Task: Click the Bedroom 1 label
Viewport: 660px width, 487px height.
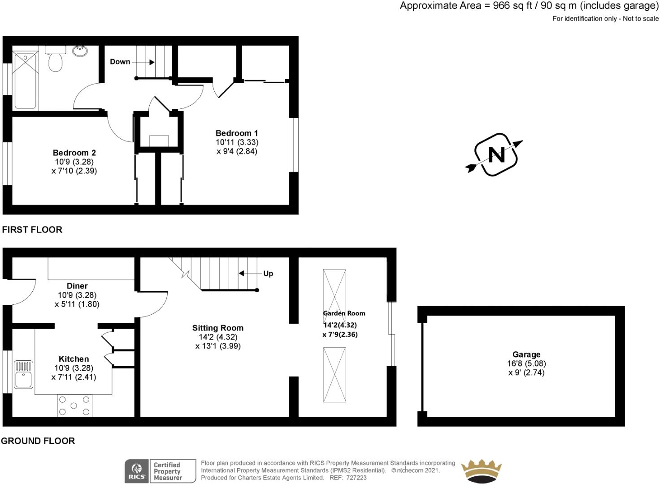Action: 237,133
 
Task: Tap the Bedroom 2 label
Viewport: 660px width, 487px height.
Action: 74,153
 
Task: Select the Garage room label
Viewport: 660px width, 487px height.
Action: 526,355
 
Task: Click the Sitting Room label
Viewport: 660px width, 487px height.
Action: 218,328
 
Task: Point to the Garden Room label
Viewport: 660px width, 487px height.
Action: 344,313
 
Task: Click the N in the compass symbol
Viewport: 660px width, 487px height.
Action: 496,155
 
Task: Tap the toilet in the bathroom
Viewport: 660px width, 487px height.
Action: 56,62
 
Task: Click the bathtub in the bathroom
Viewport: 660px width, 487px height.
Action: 25,81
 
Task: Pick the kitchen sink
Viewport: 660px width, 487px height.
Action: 23,374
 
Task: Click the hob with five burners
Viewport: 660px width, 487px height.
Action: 74,406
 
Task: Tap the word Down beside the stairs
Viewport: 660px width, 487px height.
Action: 120,62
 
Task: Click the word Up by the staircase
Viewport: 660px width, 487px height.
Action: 268,273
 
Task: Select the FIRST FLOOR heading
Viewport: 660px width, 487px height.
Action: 32,230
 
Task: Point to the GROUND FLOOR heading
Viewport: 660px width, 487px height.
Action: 38,441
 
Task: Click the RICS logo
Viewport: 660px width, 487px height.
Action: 136,471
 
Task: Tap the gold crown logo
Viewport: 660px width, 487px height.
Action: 482,471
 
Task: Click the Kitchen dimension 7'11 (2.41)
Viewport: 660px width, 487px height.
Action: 74,377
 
